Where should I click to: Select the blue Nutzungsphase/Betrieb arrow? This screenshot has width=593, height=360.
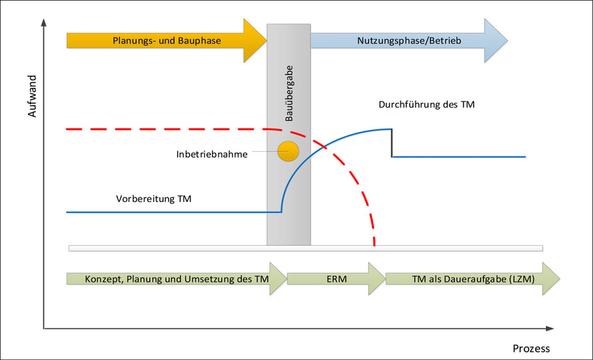(408, 41)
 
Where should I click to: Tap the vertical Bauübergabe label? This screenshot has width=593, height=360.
(289, 95)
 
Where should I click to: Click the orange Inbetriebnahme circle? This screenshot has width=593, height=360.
(288, 151)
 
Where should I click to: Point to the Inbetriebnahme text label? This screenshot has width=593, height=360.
(211, 154)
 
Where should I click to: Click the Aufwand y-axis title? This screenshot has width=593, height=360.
(32, 101)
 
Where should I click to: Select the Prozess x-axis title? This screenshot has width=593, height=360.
(531, 348)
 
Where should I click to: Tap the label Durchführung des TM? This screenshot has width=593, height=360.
(426, 105)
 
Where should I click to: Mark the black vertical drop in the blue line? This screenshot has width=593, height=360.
(392, 143)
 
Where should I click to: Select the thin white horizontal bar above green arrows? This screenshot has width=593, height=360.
(306, 247)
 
